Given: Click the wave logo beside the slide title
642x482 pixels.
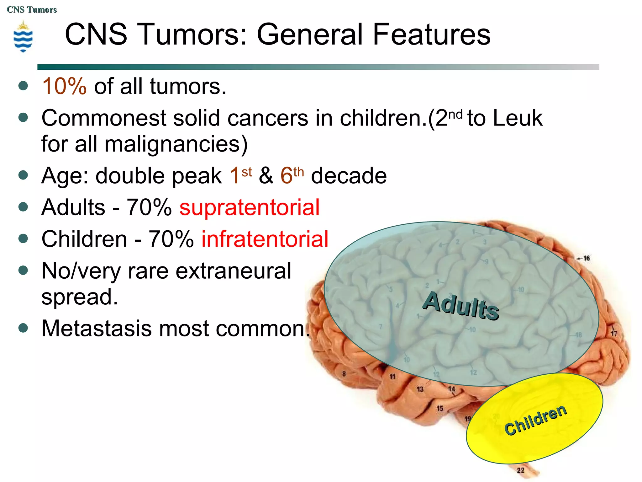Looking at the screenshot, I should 23,37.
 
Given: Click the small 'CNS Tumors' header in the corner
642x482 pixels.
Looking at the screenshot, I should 32,10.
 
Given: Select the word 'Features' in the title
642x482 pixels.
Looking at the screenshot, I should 431,35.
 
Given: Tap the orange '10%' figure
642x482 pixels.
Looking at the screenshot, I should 64,86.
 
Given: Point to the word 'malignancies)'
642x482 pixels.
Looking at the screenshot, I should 176,144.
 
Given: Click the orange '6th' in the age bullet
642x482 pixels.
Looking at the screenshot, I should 292,175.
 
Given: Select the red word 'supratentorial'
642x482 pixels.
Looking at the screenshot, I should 250,207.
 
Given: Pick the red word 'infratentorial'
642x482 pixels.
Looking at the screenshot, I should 265,239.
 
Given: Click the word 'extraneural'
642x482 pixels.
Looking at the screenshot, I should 233,271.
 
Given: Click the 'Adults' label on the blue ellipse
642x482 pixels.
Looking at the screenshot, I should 460,306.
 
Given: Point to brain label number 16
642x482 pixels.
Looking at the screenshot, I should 586,258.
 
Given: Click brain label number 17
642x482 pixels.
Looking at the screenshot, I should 613,333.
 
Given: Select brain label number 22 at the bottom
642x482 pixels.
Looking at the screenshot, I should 520,470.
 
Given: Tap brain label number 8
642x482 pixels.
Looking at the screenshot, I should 344,374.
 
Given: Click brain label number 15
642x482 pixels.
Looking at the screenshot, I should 440,408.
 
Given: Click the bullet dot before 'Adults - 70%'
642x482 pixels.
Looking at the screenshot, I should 23,207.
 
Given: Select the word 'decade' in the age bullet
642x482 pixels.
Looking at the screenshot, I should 349,175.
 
